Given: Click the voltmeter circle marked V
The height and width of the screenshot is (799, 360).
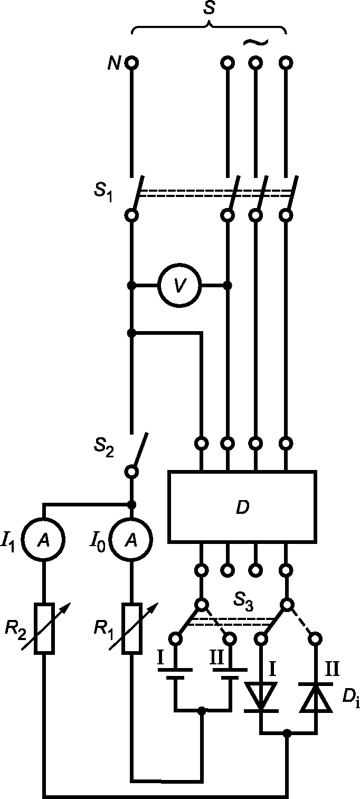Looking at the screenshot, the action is [179, 285].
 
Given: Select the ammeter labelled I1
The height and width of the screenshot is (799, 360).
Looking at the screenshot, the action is [43, 540].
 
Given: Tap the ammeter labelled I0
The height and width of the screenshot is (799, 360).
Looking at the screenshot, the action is [131, 540].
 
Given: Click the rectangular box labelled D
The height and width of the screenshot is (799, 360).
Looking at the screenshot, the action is [242, 507].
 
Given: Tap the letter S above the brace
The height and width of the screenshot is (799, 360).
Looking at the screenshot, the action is [209, 8].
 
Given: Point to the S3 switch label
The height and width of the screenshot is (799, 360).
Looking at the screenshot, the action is [243, 601].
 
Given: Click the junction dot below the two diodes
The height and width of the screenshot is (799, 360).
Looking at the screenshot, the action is [287, 734].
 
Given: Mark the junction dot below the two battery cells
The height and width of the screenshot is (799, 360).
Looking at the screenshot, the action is [202, 710].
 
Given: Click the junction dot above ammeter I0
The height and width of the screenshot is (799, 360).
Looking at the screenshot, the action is [131, 504].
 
